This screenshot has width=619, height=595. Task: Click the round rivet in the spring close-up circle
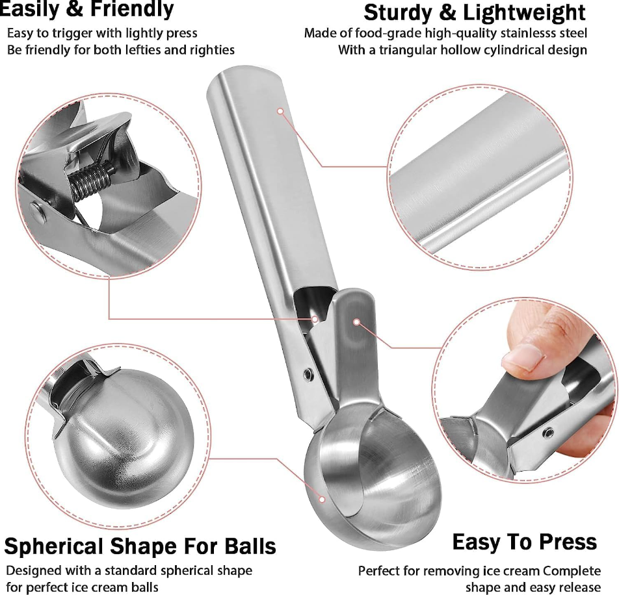(x=36, y=210)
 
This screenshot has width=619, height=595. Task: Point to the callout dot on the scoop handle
(x=280, y=111)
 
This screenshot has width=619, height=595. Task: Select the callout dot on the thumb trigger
(x=356, y=322)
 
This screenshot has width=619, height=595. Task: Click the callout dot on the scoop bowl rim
(x=322, y=500)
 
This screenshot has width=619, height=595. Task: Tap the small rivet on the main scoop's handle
(x=308, y=373)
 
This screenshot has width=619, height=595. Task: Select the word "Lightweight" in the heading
(x=524, y=13)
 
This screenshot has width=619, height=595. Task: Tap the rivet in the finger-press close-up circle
(x=547, y=433)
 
